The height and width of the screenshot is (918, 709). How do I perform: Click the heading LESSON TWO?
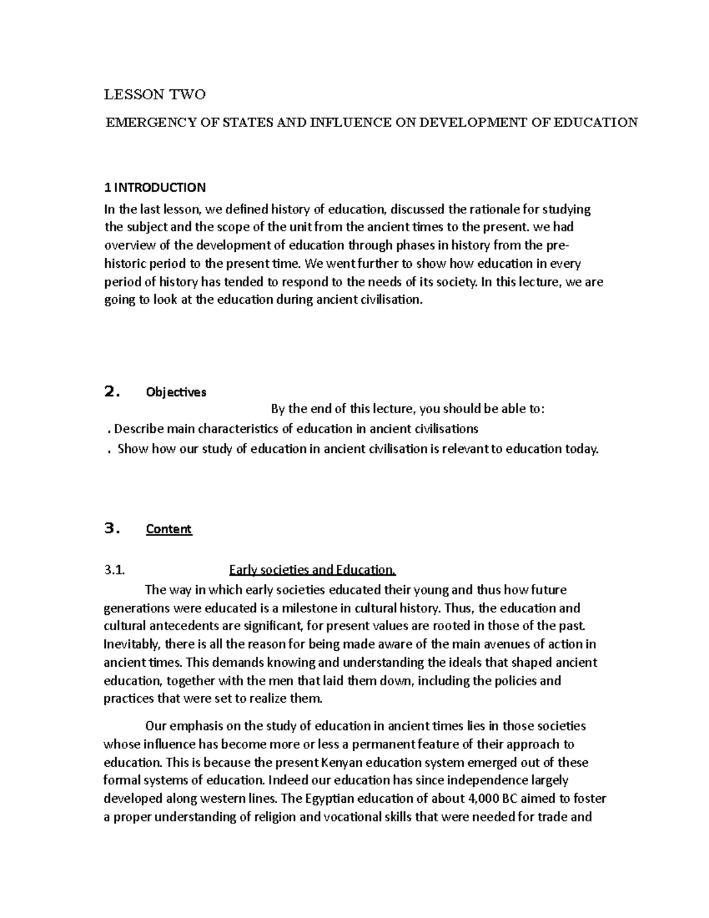[x=155, y=95]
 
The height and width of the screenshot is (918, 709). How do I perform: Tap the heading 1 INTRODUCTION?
[x=155, y=188]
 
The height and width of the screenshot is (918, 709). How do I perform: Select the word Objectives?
[x=176, y=392]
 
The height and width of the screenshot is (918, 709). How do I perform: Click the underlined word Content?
[x=169, y=529]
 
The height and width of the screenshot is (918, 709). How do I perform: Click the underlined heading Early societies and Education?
[x=312, y=570]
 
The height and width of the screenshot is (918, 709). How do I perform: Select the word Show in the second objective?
[x=133, y=449]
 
